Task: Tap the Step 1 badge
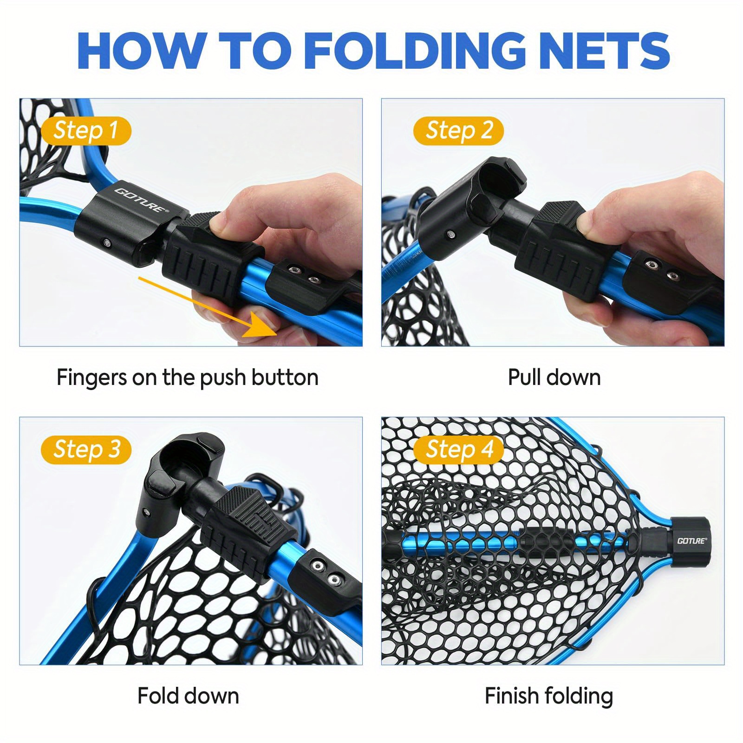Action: coord(86,130)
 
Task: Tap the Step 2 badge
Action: coord(458,130)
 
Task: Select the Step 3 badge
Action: coord(86,450)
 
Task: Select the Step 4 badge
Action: coord(458,450)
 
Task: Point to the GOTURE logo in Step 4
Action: coord(691,541)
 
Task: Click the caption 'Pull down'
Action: coord(554,377)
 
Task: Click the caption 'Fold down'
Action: coord(188,696)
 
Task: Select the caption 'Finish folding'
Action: coord(549,696)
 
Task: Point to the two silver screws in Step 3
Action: coord(326,572)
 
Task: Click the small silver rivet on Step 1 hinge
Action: coord(107,243)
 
